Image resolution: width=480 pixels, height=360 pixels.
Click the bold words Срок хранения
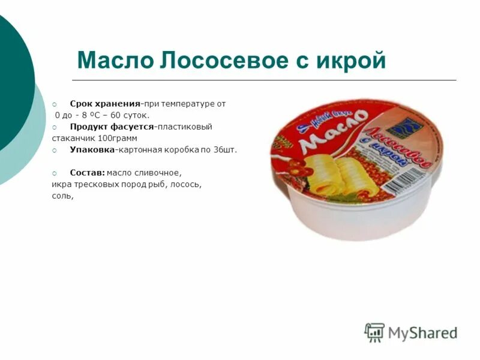105,104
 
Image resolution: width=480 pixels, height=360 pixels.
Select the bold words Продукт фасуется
112,127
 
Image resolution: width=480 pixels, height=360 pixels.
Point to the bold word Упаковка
91,150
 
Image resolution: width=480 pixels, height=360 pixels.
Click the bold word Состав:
87,173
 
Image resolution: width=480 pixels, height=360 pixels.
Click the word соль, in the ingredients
62,196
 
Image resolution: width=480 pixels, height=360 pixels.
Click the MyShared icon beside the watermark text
374,332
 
